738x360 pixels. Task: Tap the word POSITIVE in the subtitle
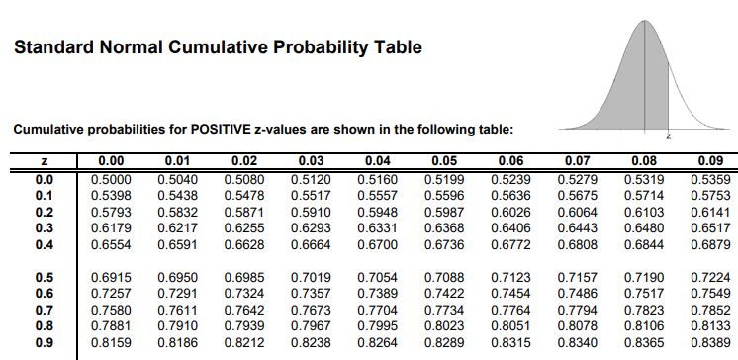[221, 130]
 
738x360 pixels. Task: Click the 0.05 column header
[444, 161]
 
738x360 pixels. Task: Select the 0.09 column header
[710, 161]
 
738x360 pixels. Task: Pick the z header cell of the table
[44, 161]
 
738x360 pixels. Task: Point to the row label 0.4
[45, 245]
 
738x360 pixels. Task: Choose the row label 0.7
[45, 311]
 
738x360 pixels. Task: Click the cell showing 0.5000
[111, 180]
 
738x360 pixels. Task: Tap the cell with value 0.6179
[111, 228]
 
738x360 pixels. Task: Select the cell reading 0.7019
[311, 278]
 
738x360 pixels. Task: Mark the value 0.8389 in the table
[710, 343]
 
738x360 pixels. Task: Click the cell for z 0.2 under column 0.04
[378, 213]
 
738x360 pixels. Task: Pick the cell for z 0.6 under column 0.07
[578, 294]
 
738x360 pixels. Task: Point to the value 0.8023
[444, 326]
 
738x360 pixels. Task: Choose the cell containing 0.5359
[710, 180]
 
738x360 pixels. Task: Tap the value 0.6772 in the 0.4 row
[510, 245]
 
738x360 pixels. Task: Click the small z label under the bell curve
[669, 136]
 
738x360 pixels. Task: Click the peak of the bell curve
[644, 20]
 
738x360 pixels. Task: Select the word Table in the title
[398, 47]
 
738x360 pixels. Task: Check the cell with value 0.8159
[111, 343]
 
